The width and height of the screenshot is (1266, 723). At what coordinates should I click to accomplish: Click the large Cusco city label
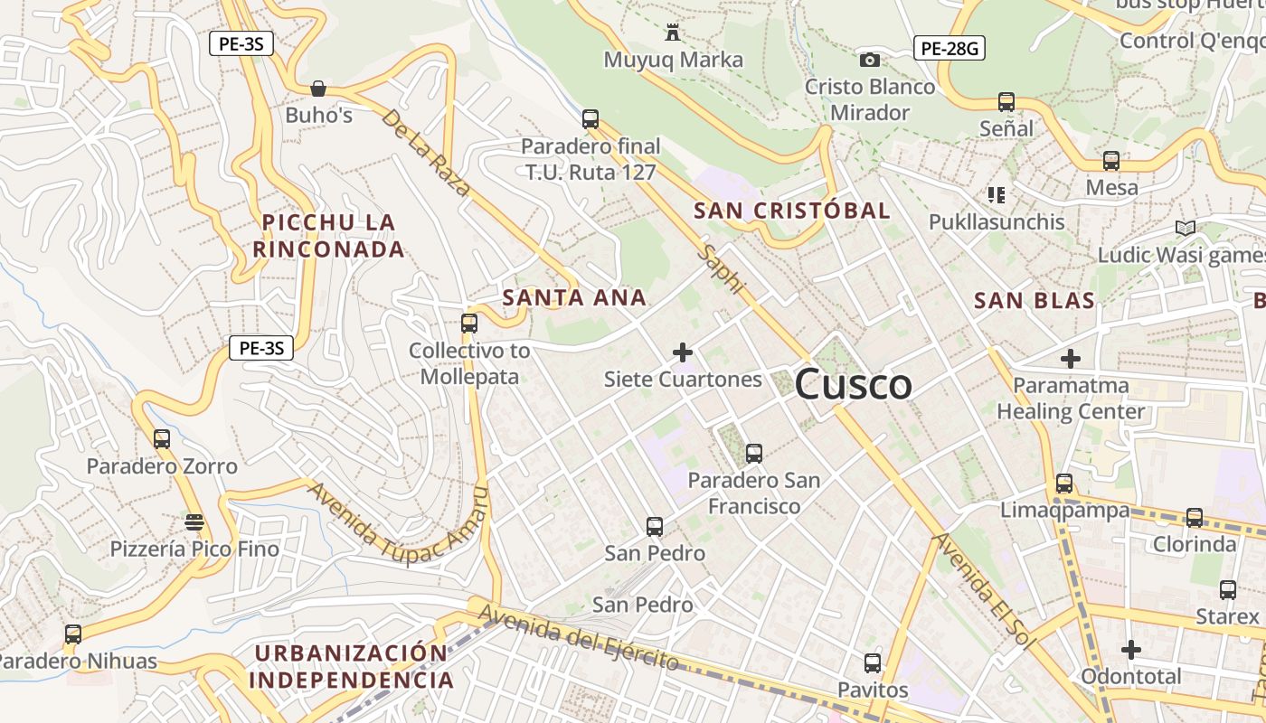[x=854, y=385]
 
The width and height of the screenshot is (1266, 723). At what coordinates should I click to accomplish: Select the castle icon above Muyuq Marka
[x=673, y=33]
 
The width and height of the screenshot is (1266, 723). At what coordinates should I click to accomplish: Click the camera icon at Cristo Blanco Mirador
[x=869, y=60]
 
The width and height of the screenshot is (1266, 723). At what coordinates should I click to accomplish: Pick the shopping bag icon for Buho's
[x=318, y=89]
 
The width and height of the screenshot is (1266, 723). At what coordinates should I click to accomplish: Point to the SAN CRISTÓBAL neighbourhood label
[x=792, y=211]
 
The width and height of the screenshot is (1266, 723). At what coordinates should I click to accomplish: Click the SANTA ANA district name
[x=574, y=297]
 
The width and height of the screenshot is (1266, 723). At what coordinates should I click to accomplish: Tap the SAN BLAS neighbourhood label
[x=1035, y=300]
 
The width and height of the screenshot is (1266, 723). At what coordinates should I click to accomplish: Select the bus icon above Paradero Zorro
[x=162, y=439]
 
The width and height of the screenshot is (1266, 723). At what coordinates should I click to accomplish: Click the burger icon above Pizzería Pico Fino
[x=194, y=521]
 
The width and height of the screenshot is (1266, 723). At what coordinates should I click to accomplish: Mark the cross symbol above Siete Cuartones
[x=683, y=352]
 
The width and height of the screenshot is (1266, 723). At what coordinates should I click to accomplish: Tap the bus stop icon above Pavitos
[x=873, y=663]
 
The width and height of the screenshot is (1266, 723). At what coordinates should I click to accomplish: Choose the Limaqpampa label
[x=1064, y=511]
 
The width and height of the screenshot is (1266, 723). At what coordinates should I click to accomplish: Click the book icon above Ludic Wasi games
[x=1185, y=228]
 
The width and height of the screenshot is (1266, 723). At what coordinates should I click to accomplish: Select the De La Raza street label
[x=426, y=153]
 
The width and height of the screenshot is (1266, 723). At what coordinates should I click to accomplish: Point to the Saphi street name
[x=723, y=268]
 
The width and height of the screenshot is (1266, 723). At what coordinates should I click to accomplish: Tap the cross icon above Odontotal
[x=1131, y=649]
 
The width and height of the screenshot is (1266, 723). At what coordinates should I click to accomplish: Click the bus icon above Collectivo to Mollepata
[x=468, y=323]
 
